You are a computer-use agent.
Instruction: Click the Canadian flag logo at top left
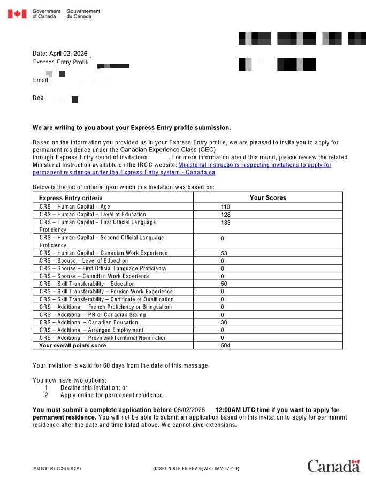[x=17, y=13]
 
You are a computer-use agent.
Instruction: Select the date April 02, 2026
[x=68, y=54]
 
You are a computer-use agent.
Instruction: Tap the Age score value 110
[x=225, y=207]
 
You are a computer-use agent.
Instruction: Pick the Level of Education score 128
[x=225, y=215]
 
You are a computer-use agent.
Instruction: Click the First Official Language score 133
[x=225, y=223]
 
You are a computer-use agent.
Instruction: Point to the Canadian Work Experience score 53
[x=224, y=253]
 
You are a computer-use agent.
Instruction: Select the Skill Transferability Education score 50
[x=224, y=284]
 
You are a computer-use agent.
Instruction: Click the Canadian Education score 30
[x=224, y=323]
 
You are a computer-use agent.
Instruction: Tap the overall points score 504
[x=225, y=346]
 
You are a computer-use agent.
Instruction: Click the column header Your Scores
[x=268, y=198]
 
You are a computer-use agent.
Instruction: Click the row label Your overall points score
[x=73, y=346]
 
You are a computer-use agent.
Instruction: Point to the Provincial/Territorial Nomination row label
[x=103, y=338]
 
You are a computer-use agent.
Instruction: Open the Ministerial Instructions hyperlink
[x=255, y=165]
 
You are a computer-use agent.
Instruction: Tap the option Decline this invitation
[x=94, y=387]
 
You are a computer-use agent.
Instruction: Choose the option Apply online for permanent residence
[x=112, y=395]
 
